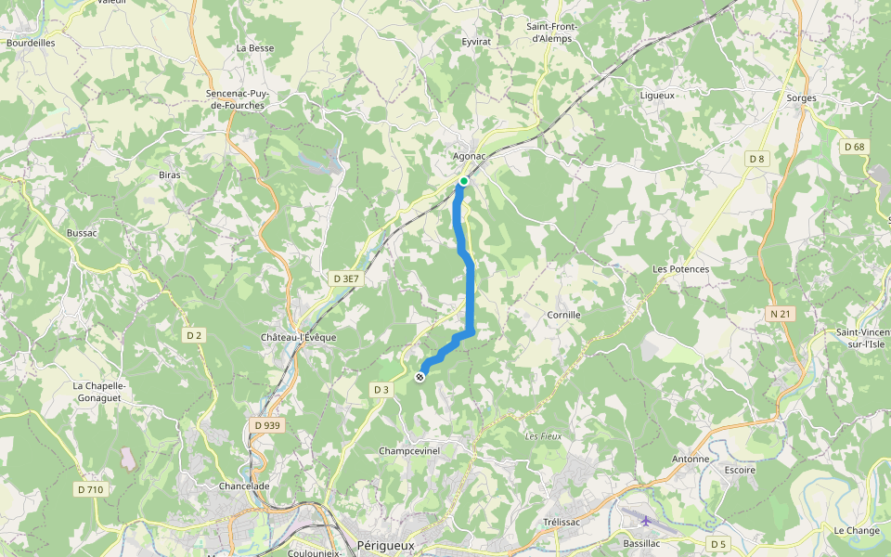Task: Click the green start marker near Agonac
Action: click(463, 181)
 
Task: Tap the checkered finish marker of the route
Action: click(420, 376)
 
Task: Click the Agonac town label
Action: click(470, 156)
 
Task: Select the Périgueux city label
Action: click(385, 545)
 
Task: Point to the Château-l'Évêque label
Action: click(298, 337)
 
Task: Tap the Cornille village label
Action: click(563, 315)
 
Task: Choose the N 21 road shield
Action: click(781, 314)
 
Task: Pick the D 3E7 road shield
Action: click(345, 278)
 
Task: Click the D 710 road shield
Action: click(90, 489)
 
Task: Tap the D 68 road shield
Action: click(854, 147)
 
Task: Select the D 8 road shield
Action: click(758, 159)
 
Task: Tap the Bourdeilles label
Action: click(31, 43)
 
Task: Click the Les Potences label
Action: click(680, 269)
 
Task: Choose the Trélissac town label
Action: click(562, 522)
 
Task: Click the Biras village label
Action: click(170, 175)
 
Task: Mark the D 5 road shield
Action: click(717, 543)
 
